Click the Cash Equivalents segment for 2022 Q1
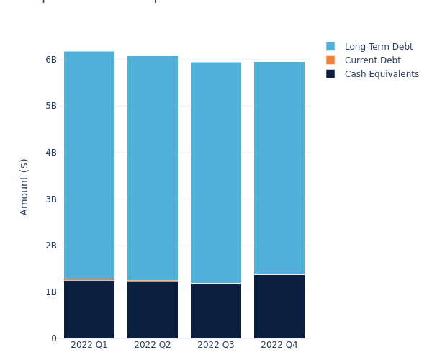click(89, 310)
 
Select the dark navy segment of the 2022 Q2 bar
click(153, 310)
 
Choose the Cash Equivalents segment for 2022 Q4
click(279, 307)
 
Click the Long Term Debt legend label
click(379, 47)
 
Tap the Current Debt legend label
click(372, 60)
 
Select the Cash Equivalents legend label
click(382, 74)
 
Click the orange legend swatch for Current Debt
click(330, 60)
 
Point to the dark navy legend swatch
click(330, 74)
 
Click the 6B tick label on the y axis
click(50, 60)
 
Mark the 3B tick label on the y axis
click(50, 199)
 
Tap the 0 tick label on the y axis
click(53, 338)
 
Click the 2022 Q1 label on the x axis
click(89, 346)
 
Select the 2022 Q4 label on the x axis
click(279, 346)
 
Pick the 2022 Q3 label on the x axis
click(216, 346)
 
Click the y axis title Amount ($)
click(24, 186)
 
